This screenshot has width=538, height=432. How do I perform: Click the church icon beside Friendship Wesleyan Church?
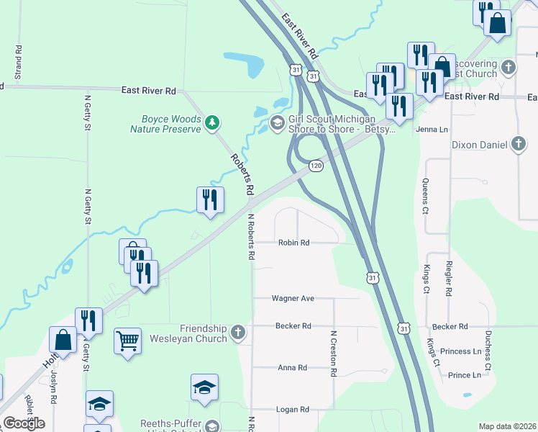(239, 333)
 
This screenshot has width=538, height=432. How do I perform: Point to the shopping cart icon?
(127, 340)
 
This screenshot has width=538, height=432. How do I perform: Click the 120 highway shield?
(316, 166)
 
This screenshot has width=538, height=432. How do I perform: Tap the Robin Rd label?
(293, 243)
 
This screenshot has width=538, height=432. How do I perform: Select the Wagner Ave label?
(293, 298)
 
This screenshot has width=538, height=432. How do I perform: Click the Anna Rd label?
(292, 368)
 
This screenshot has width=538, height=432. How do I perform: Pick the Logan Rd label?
(293, 410)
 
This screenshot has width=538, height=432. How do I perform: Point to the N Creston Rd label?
(334, 354)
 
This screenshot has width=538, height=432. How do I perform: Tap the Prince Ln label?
(464, 375)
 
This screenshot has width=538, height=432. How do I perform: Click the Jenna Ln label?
(432, 130)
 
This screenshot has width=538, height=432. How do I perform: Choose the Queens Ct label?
(425, 197)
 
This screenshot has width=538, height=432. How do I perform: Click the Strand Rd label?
(18, 63)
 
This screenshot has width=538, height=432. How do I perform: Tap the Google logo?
(24, 423)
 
